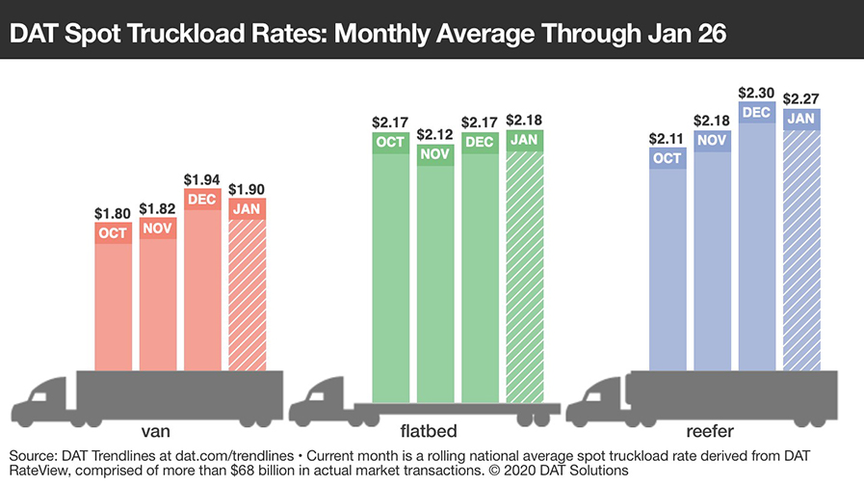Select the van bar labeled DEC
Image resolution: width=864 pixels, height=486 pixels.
pos(203,289)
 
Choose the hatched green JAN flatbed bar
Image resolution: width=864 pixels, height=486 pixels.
pos(525,270)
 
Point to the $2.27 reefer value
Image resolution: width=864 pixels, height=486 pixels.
pos(801,98)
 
